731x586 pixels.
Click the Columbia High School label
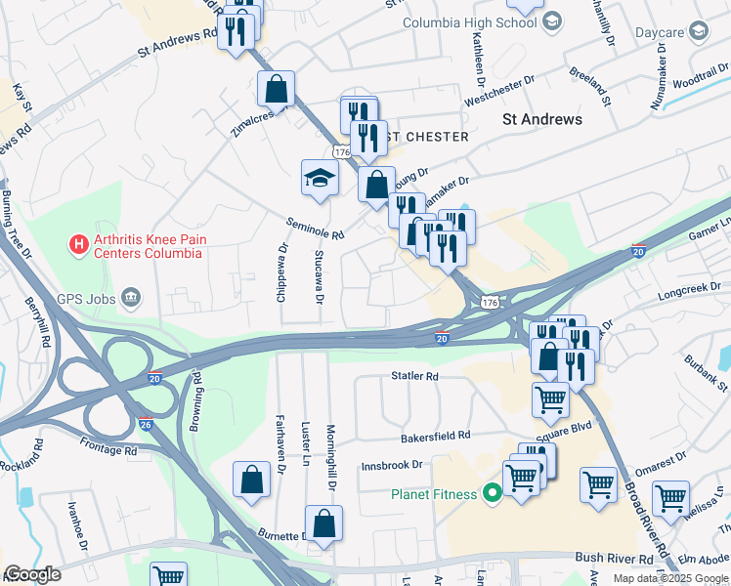click(470, 22)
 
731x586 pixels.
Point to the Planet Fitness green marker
click(494, 494)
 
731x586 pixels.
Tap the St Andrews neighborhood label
click(541, 119)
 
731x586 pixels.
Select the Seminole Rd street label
click(316, 229)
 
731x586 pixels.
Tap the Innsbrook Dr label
click(392, 465)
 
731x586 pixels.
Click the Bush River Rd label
click(614, 558)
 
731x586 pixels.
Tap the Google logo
click(32, 575)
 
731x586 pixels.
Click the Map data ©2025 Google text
click(671, 578)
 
